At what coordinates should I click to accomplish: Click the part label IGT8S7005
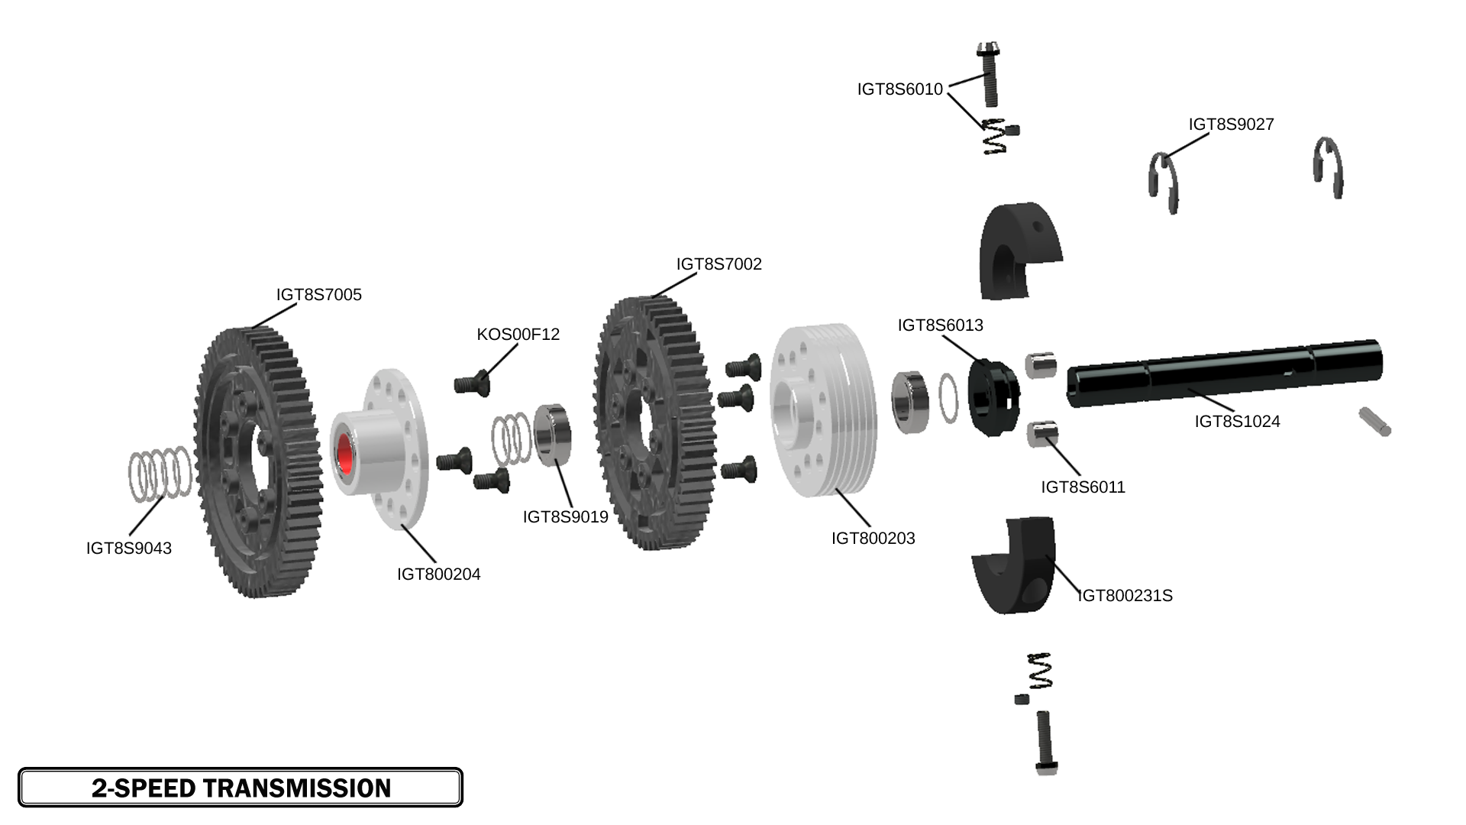click(x=318, y=295)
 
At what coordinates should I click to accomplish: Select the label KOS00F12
click(x=518, y=335)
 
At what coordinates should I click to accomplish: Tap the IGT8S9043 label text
click(x=128, y=548)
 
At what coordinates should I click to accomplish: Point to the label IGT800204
click(x=438, y=574)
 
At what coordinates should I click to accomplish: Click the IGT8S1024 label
click(x=1237, y=422)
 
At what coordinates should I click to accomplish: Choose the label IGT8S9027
click(x=1231, y=125)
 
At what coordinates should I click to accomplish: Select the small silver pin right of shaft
click(x=1375, y=422)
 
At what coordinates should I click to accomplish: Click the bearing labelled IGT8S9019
click(x=553, y=435)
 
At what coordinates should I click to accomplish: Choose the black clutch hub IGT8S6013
click(x=993, y=397)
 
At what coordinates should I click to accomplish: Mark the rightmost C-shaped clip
click(x=1329, y=167)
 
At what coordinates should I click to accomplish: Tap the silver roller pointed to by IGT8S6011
click(x=1041, y=435)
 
